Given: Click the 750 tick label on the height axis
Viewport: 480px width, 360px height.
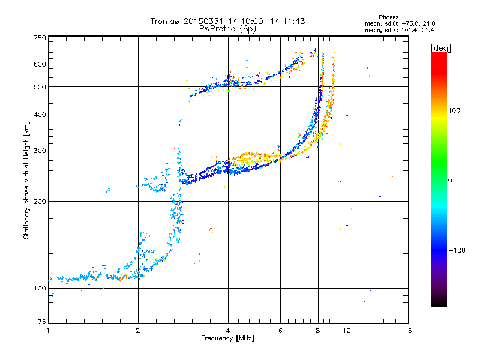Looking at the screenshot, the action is point(40,38).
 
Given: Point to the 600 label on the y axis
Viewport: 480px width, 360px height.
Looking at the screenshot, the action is point(40,64).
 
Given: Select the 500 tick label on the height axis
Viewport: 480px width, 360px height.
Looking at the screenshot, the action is point(40,87).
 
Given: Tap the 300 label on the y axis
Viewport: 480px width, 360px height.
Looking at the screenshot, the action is point(40,151).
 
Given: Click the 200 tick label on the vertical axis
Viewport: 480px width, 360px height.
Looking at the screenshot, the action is point(40,202).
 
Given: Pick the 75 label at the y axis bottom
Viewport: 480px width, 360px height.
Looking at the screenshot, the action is point(42,322).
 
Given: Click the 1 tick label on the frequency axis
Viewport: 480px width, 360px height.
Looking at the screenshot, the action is point(48,331).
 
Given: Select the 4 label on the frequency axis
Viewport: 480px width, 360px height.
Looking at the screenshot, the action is point(228,331).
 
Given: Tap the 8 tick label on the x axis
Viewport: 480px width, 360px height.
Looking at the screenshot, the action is point(318,331).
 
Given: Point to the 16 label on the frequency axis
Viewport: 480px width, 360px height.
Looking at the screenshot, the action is point(408,331).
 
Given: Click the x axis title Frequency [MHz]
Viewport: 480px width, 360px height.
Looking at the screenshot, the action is point(228,338).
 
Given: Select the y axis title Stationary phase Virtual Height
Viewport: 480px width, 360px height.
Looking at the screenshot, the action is point(26,189).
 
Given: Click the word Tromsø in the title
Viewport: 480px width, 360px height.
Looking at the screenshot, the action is point(166,21).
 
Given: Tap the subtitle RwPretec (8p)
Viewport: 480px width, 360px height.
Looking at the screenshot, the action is point(227,29).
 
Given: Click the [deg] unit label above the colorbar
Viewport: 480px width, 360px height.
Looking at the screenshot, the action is point(440,48).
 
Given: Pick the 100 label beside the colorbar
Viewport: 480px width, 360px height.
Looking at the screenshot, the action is point(454,110).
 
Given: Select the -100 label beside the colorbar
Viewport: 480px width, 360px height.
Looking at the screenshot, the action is point(457,250).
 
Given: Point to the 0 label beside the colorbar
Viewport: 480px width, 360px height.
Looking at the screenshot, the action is point(450,181).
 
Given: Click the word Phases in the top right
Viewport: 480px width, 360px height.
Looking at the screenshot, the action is point(388,17).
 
